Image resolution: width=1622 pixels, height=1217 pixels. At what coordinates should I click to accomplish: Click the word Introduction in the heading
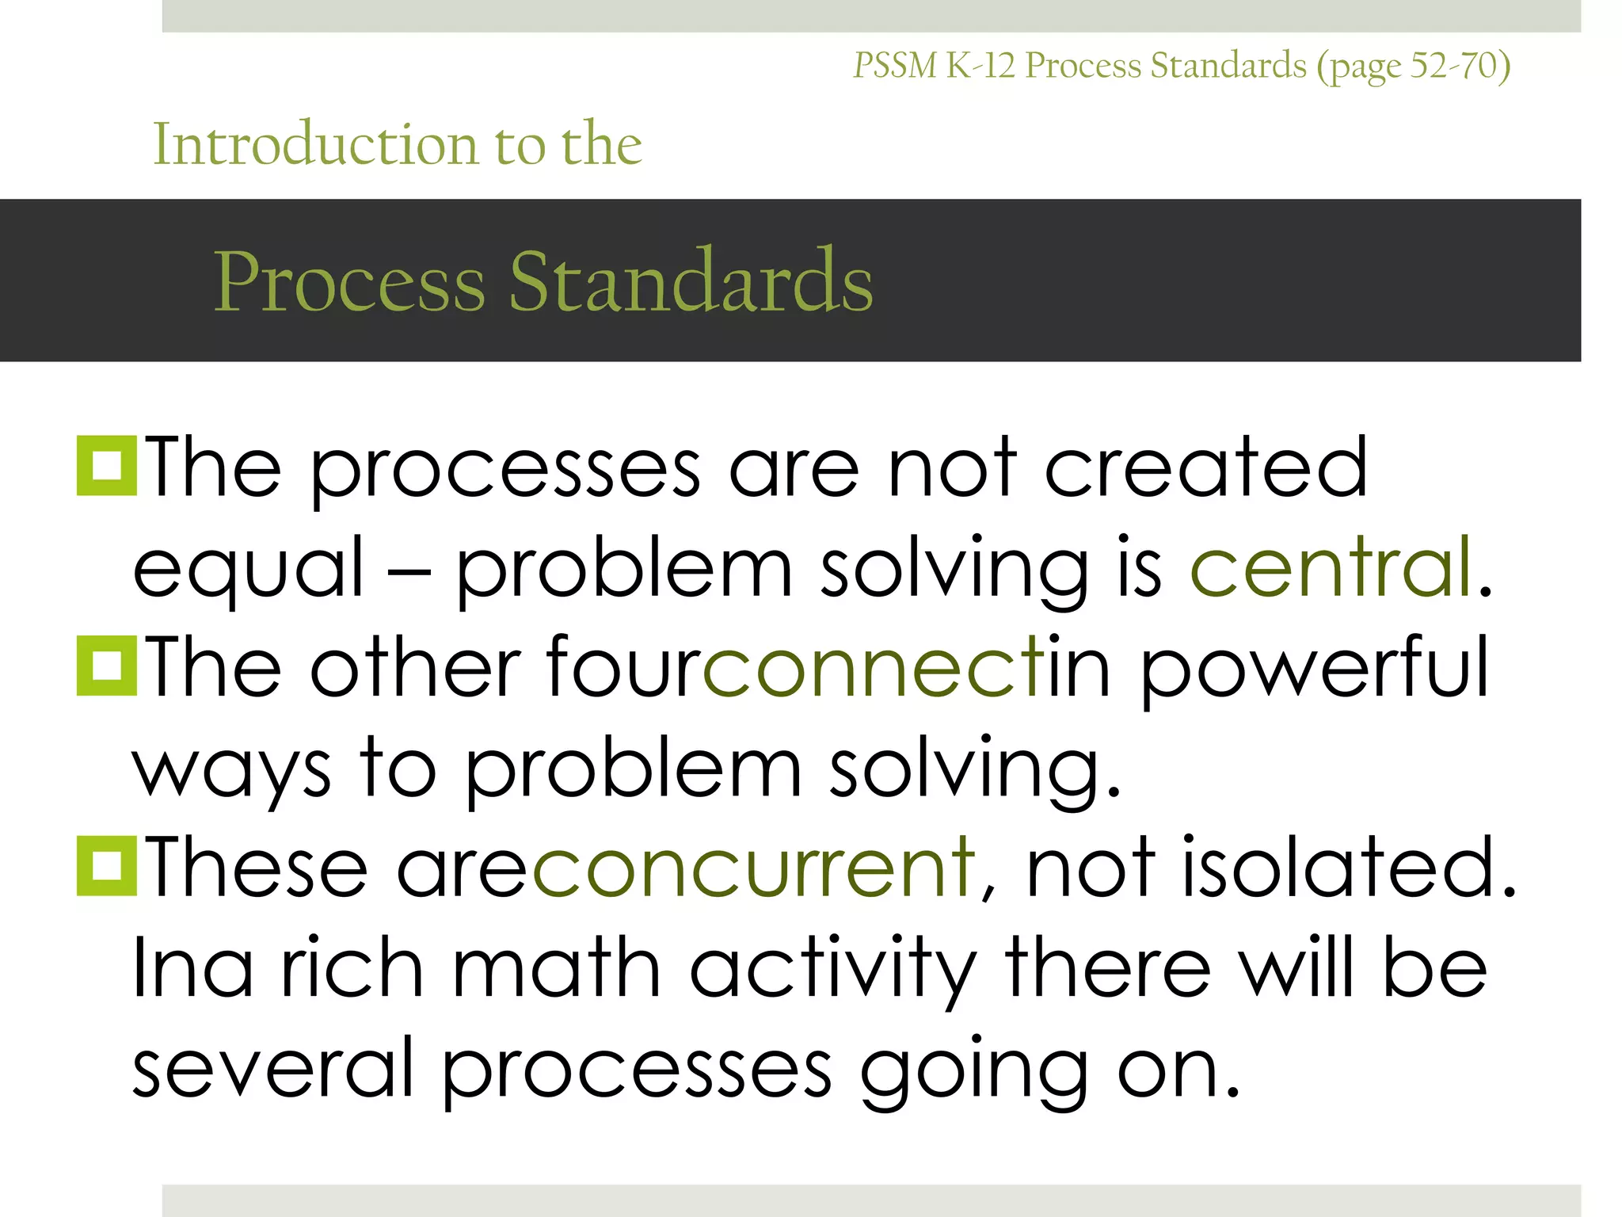click(x=315, y=144)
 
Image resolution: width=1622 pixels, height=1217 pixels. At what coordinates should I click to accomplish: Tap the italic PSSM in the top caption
click(x=895, y=66)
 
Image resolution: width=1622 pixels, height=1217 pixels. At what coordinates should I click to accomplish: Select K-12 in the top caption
click(x=980, y=66)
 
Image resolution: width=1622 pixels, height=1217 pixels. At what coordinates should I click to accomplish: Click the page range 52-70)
click(x=1460, y=66)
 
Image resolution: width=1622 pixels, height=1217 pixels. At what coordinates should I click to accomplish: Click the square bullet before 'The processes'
click(x=106, y=466)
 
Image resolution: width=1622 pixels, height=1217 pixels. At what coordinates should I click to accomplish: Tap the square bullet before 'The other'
click(x=106, y=666)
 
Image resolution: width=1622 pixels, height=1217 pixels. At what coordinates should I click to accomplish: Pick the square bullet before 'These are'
click(x=106, y=867)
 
